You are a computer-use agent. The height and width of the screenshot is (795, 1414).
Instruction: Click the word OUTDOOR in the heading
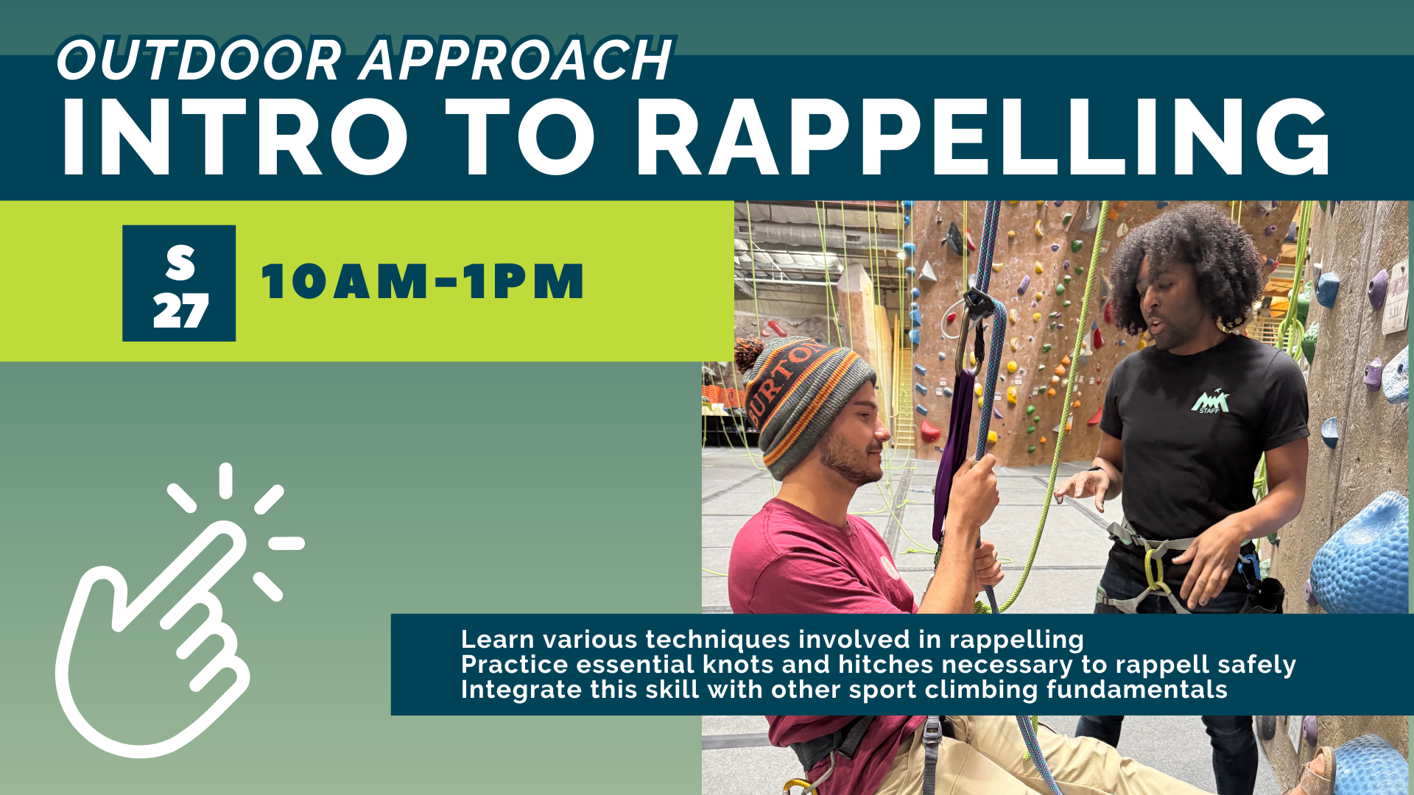[x=200, y=60]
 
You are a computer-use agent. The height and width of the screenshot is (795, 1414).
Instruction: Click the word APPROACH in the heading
[x=516, y=60]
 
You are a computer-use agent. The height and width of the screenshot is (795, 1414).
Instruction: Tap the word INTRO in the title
[x=235, y=137]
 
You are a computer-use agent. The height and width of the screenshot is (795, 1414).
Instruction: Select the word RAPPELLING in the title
[x=984, y=137]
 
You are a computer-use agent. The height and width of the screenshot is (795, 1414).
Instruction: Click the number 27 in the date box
[x=180, y=311]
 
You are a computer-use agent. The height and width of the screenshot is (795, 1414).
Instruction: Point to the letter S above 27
[x=180, y=262]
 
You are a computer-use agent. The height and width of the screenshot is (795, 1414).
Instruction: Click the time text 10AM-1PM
[x=422, y=281]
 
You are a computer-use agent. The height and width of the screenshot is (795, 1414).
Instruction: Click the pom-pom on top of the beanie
[x=749, y=353]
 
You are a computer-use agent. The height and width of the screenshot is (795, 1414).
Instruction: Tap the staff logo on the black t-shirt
[x=1210, y=402]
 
